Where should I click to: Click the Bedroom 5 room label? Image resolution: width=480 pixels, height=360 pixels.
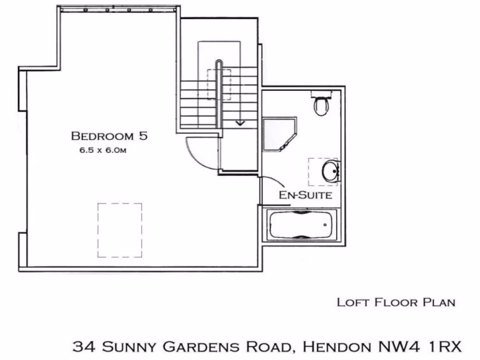click(x=109, y=136)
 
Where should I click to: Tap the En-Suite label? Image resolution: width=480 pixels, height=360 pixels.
click(x=306, y=195)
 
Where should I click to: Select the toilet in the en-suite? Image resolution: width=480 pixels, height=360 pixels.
click(x=321, y=105)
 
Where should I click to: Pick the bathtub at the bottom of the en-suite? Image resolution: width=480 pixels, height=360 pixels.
click(x=302, y=225)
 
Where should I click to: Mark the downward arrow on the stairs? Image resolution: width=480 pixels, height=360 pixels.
click(x=240, y=122)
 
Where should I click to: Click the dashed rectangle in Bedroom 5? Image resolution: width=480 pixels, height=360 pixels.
click(x=120, y=230)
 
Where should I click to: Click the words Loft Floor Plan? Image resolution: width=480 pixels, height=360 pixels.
click(x=396, y=302)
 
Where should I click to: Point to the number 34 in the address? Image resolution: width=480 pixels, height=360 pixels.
click(x=84, y=347)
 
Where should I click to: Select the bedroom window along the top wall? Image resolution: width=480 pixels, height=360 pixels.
click(x=118, y=9)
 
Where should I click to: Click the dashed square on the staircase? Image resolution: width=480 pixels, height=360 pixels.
click(x=219, y=84)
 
